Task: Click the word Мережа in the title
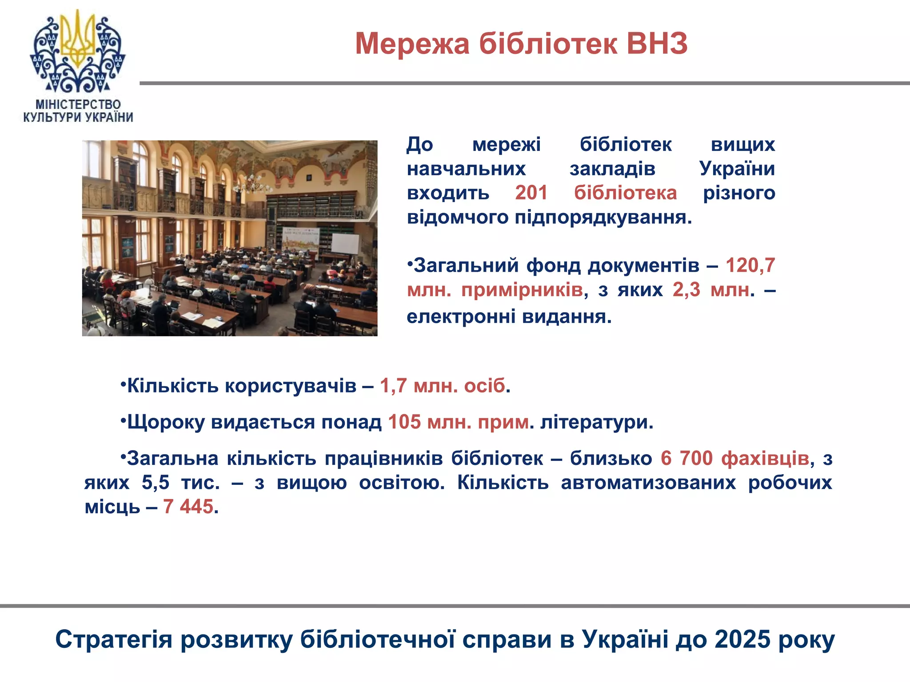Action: pyautogui.click(x=412, y=44)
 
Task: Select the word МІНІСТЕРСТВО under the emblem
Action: pyautogui.click(x=78, y=104)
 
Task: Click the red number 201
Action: pyautogui.click(x=531, y=193)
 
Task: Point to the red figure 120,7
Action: pyautogui.click(x=750, y=266)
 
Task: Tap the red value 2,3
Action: pyautogui.click(x=686, y=290)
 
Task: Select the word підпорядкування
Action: pyautogui.click(x=603, y=218)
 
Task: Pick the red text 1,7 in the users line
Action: pyautogui.click(x=393, y=386)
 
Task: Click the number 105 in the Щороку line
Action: pyautogui.click(x=404, y=422)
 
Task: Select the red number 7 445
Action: pyautogui.click(x=188, y=507)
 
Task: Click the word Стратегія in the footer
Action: pyautogui.click(x=114, y=640)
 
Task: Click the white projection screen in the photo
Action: pyautogui.click(x=345, y=244)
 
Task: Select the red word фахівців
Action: pyautogui.click(x=765, y=458)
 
